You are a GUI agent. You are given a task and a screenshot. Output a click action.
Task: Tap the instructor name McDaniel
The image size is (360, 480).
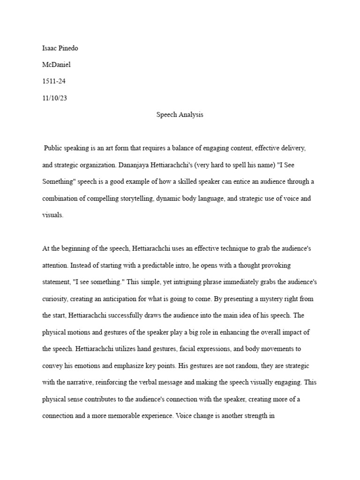[56, 64]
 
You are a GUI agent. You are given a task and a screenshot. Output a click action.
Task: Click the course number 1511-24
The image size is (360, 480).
[54, 81]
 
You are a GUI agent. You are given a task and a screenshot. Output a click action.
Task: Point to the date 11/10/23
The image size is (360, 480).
[54, 98]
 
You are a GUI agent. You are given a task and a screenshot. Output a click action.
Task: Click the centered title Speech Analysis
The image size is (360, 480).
[180, 115]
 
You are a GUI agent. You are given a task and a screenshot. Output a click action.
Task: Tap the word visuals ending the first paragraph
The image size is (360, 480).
[52, 215]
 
